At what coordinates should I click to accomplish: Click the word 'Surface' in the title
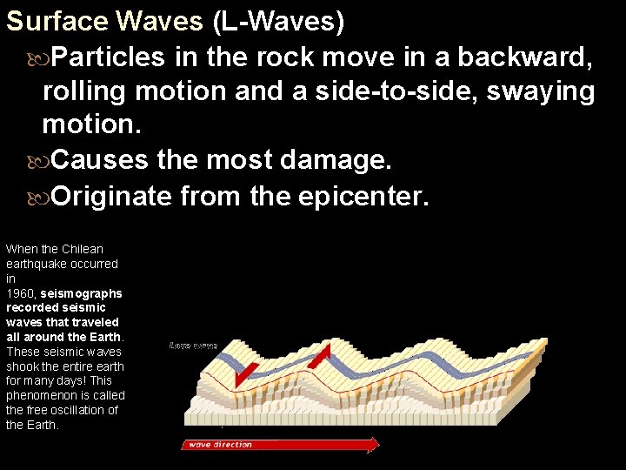(x=56, y=22)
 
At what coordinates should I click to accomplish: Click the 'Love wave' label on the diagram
(x=192, y=346)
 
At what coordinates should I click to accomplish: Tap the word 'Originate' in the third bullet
(x=112, y=196)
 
